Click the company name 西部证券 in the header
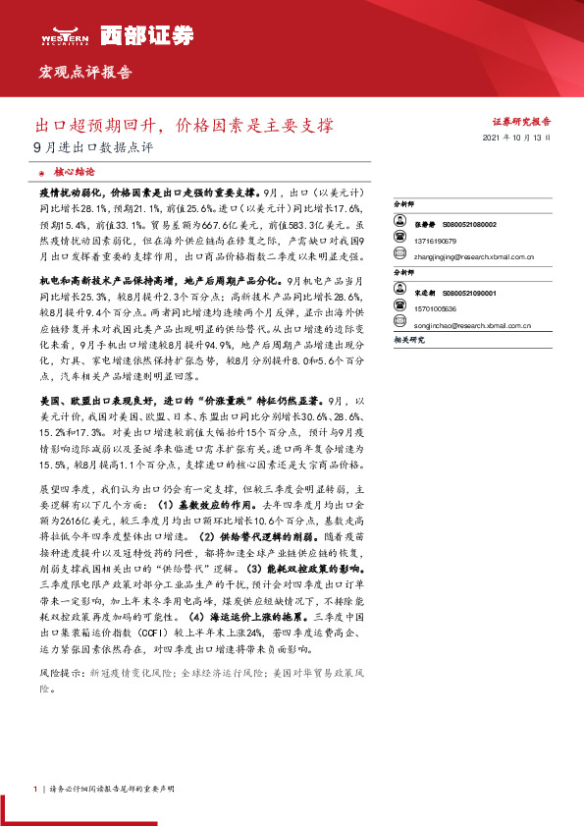[x=127, y=32]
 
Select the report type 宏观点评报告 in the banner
[x=84, y=72]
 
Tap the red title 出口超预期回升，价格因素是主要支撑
[x=185, y=126]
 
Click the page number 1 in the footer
[x=34, y=789]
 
